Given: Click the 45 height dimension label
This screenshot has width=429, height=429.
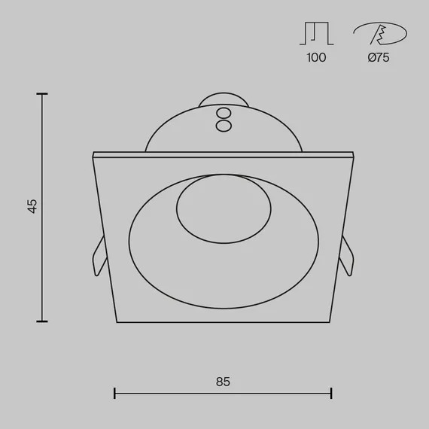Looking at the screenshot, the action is pos(32,206).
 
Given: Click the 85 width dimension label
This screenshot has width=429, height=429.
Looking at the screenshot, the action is pos(223,382).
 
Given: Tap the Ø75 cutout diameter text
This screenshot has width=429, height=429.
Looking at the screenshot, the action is pos(379,57).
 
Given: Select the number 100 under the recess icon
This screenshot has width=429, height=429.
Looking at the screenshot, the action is pos(316,57).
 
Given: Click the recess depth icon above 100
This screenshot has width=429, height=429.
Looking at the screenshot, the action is pos(317,33).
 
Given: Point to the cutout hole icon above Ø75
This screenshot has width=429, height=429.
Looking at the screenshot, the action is pos(380,33).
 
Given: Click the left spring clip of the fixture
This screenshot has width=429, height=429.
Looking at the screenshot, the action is pos(99,256).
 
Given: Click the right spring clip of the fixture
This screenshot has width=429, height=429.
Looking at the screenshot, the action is pos(346,256).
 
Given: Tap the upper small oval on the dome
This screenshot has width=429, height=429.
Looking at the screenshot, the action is pos(224,113).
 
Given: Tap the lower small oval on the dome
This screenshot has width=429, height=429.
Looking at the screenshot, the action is pos(224,126).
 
